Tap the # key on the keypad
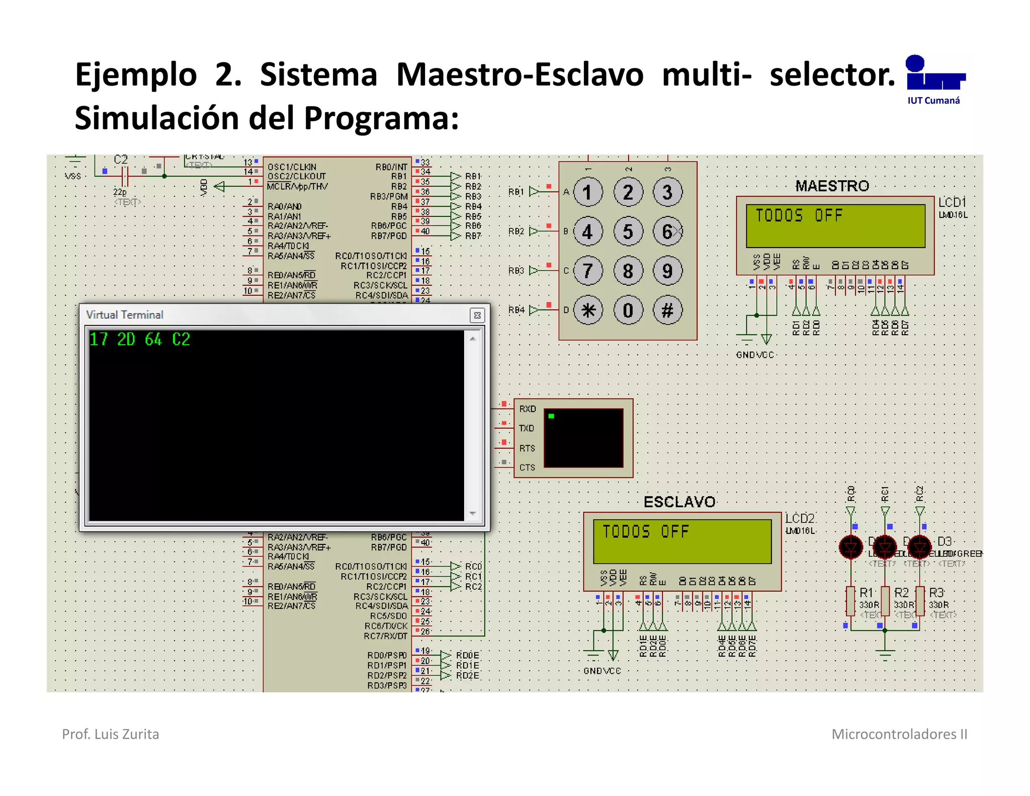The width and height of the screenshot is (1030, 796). [667, 310]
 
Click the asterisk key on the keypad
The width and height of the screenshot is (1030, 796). [588, 310]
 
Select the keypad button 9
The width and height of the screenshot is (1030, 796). [667, 271]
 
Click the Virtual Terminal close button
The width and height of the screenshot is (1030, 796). [477, 315]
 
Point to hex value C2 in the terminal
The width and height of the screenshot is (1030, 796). [181, 340]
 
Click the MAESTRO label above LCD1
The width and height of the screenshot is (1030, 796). [832, 186]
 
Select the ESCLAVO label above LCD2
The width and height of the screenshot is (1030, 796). [679, 502]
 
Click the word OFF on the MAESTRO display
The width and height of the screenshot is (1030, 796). [828, 216]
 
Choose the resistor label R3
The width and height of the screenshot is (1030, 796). [936, 593]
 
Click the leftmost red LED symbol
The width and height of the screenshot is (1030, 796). [851, 547]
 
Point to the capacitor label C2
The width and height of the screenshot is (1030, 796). [121, 160]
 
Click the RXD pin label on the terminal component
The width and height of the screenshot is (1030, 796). [528, 409]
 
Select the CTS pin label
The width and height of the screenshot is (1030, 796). [527, 467]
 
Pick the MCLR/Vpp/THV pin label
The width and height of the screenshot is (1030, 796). [297, 187]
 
